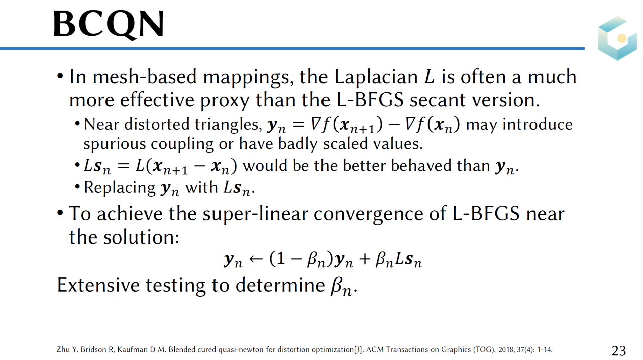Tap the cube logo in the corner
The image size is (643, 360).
[617, 38]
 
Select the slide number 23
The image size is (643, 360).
[619, 350]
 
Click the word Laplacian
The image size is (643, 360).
[376, 77]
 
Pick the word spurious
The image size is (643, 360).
[115, 144]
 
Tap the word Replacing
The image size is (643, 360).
[120, 188]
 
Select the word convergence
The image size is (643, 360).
[369, 215]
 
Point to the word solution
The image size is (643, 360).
[141, 237]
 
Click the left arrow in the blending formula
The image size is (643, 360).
[256, 259]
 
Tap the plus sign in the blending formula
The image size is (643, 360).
[364, 259]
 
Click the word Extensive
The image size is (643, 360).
[98, 285]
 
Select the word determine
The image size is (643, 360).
[280, 285]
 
